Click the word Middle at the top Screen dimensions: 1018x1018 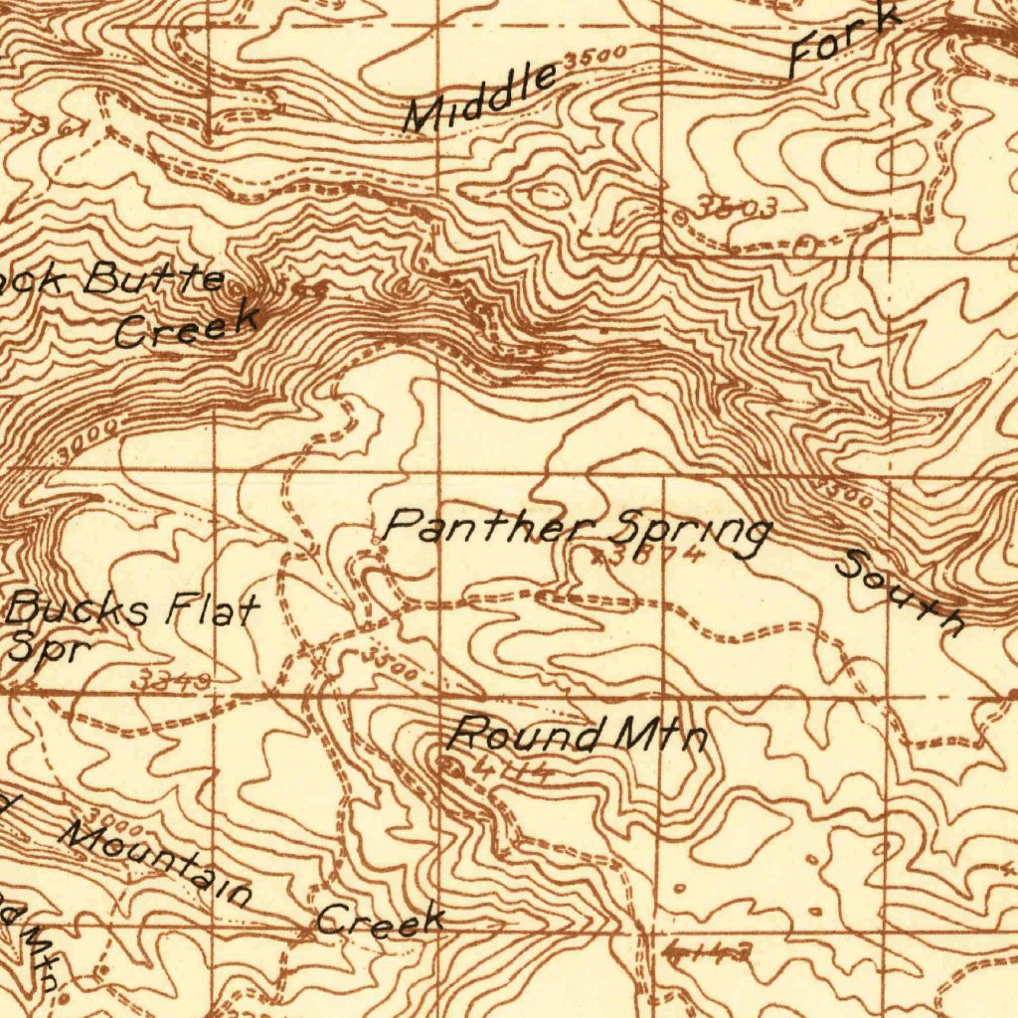pos(480,97)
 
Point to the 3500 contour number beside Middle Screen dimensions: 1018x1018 pos(594,57)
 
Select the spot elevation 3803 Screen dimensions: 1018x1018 pos(735,208)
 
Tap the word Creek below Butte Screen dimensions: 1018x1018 pos(186,326)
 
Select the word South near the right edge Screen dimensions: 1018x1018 pos(901,592)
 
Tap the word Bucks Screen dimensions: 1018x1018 pos(81,607)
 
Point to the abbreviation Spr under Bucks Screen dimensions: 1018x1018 pos(50,647)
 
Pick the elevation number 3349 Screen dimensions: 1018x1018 pos(176,680)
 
